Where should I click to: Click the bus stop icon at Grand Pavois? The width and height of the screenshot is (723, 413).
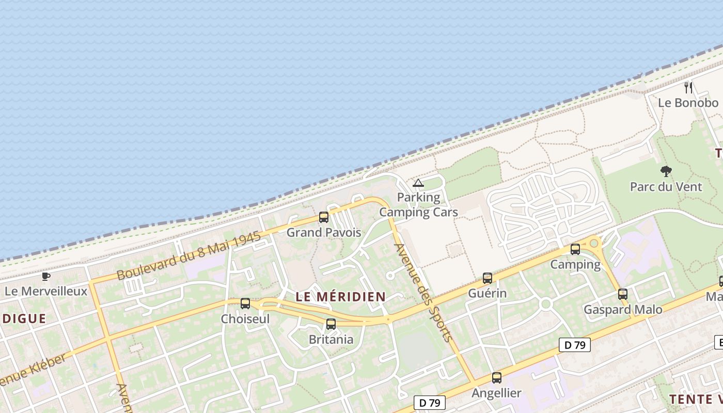pyautogui.click(x=324, y=217)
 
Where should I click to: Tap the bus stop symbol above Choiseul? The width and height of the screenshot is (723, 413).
pyautogui.click(x=245, y=304)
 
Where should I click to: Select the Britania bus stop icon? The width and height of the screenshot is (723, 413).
pyautogui.click(x=331, y=324)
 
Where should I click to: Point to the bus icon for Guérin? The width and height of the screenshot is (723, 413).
pyautogui.click(x=488, y=278)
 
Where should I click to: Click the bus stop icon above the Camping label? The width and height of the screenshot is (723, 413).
pyautogui.click(x=575, y=249)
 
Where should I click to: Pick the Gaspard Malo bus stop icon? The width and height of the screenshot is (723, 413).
pyautogui.click(x=623, y=294)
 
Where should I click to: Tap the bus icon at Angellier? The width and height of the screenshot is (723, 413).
pyautogui.click(x=497, y=378)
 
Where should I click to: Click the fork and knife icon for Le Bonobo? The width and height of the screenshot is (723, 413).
pyautogui.click(x=688, y=87)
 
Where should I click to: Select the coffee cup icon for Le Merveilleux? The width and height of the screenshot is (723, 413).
pyautogui.click(x=46, y=276)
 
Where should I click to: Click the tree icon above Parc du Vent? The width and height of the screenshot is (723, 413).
pyautogui.click(x=666, y=171)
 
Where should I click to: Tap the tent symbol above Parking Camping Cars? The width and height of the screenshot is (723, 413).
pyautogui.click(x=418, y=183)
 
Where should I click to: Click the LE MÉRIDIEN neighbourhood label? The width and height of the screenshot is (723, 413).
pyautogui.click(x=341, y=296)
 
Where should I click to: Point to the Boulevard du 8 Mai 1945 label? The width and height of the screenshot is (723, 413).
pyautogui.click(x=189, y=256)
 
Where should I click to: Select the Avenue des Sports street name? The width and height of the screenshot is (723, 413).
pyautogui.click(x=423, y=292)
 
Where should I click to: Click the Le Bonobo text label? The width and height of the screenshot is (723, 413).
pyautogui.click(x=688, y=103)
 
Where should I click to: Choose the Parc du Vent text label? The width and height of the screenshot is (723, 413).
pyautogui.click(x=666, y=186)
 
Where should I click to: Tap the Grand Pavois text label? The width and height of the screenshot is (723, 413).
pyautogui.click(x=324, y=232)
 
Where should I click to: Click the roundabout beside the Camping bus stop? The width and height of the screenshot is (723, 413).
pyautogui.click(x=594, y=243)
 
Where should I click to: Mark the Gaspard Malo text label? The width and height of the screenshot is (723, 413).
pyautogui.click(x=623, y=310)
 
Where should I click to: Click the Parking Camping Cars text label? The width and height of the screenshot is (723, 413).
pyautogui.click(x=419, y=204)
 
